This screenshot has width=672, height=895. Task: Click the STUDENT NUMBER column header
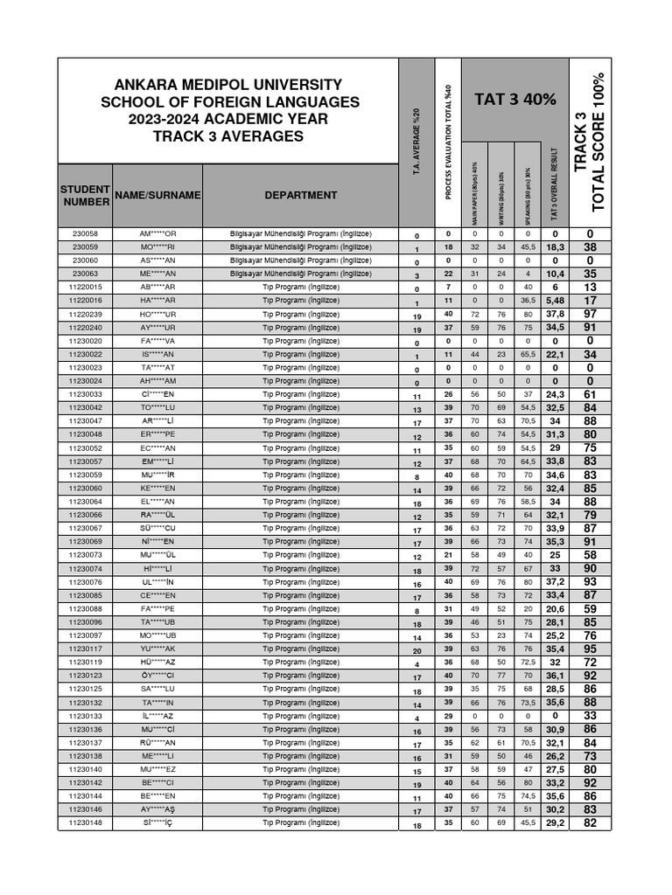point(85,196)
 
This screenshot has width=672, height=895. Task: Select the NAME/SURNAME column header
point(157,195)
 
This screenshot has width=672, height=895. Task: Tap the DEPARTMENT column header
point(301,195)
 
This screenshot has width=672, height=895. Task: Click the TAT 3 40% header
point(514,100)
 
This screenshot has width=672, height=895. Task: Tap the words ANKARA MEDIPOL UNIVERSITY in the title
point(228,84)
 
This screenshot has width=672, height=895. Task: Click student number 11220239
point(85,315)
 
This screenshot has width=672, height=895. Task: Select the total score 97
point(590,315)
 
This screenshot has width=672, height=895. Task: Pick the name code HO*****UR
point(157,315)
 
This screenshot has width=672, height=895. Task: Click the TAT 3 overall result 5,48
point(555,301)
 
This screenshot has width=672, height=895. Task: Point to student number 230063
point(85,274)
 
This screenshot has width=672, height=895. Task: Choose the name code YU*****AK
point(157,649)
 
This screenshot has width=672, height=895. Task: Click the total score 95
point(590,649)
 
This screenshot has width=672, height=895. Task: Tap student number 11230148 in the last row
point(85,822)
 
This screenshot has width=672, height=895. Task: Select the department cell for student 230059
point(301,247)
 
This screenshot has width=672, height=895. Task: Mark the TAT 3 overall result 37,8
point(555,315)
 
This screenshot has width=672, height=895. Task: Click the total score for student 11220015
point(590,288)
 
